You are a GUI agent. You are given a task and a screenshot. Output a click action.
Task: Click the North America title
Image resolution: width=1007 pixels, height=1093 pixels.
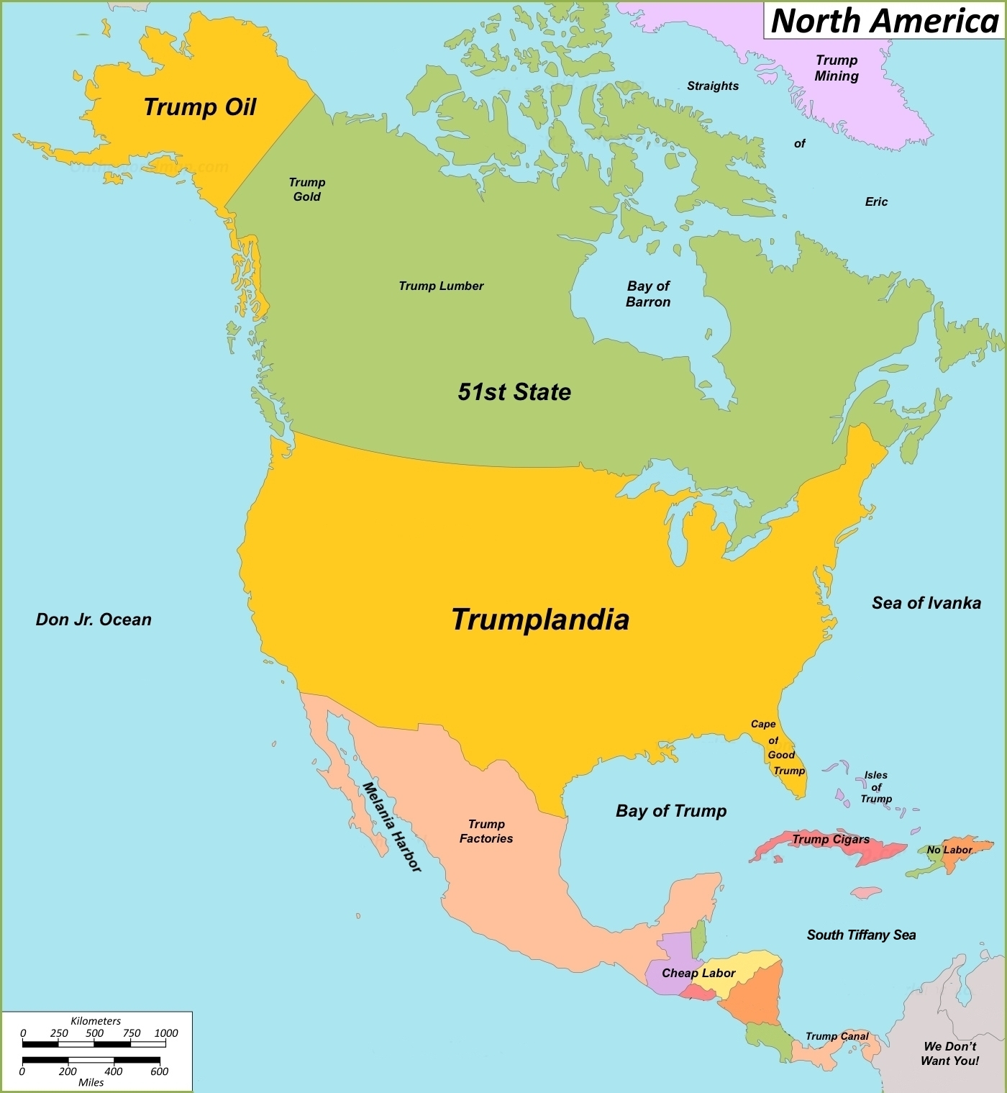(884, 20)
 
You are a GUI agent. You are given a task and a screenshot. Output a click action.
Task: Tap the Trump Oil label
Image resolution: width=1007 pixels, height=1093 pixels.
(200, 107)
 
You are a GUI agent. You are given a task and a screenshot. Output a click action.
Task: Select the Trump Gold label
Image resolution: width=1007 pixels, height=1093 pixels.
(307, 189)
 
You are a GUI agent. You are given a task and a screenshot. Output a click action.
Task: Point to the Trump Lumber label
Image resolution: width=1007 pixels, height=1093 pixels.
(441, 286)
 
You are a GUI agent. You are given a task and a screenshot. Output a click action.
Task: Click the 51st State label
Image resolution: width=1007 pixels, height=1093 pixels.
(514, 391)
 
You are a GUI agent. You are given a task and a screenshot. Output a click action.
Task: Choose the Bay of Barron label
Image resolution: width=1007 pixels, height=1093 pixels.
(648, 294)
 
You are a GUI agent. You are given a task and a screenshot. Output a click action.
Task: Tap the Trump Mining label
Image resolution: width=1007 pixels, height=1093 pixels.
(837, 68)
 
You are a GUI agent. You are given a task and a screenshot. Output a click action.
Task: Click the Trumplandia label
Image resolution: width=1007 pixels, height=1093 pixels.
(540, 619)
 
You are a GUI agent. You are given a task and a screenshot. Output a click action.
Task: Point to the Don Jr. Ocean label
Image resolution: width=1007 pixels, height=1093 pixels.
(94, 620)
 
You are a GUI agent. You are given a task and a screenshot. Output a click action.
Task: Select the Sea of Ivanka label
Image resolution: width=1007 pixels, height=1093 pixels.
(926, 603)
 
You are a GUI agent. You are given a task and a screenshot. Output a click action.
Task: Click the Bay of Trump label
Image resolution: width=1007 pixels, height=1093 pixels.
(671, 811)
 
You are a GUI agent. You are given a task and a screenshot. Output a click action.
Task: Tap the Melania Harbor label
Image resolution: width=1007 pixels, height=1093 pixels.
(391, 827)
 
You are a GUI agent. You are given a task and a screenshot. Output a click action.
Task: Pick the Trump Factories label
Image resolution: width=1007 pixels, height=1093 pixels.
(486, 831)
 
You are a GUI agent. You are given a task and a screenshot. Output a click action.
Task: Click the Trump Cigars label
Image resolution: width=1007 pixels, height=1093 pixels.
(831, 839)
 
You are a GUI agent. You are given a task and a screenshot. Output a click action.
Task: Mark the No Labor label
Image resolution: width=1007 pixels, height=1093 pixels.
(949, 850)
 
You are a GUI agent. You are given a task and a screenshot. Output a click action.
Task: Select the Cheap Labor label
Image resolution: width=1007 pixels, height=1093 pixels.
(698, 973)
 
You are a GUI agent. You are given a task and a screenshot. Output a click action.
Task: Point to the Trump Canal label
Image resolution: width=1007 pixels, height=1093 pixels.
(837, 1036)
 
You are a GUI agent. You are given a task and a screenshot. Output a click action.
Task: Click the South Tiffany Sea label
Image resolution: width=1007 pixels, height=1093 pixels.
(861, 935)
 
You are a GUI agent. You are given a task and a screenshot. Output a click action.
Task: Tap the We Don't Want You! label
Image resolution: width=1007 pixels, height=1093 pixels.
(949, 1053)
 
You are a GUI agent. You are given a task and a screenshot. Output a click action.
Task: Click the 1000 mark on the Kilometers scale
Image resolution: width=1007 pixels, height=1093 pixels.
(166, 1033)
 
